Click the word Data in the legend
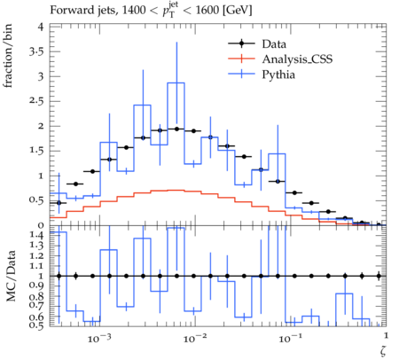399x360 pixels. [x=274, y=44]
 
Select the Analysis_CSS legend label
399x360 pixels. [x=297, y=59]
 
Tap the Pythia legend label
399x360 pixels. [x=278, y=74]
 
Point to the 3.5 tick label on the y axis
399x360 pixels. [x=36, y=51]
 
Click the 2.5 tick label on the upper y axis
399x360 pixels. [x=36, y=101]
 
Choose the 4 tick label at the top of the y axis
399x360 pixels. [x=41, y=27]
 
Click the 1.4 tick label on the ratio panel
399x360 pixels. [x=36, y=235]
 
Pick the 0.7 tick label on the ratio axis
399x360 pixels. [x=36, y=304]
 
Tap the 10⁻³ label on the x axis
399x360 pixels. [x=99, y=338]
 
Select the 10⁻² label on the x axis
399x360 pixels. [x=194, y=338]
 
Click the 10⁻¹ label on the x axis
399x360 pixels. [x=290, y=338]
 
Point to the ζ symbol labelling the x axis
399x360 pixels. [x=383, y=350]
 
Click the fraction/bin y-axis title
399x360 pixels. [x=8, y=56]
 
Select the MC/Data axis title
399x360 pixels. [x=11, y=276]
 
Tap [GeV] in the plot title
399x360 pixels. [x=237, y=11]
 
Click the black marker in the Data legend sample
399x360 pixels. [x=241, y=43]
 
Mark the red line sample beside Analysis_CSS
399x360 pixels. [x=241, y=59]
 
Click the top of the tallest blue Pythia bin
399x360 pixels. [x=176, y=82]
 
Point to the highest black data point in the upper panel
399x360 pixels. [x=176, y=129]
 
